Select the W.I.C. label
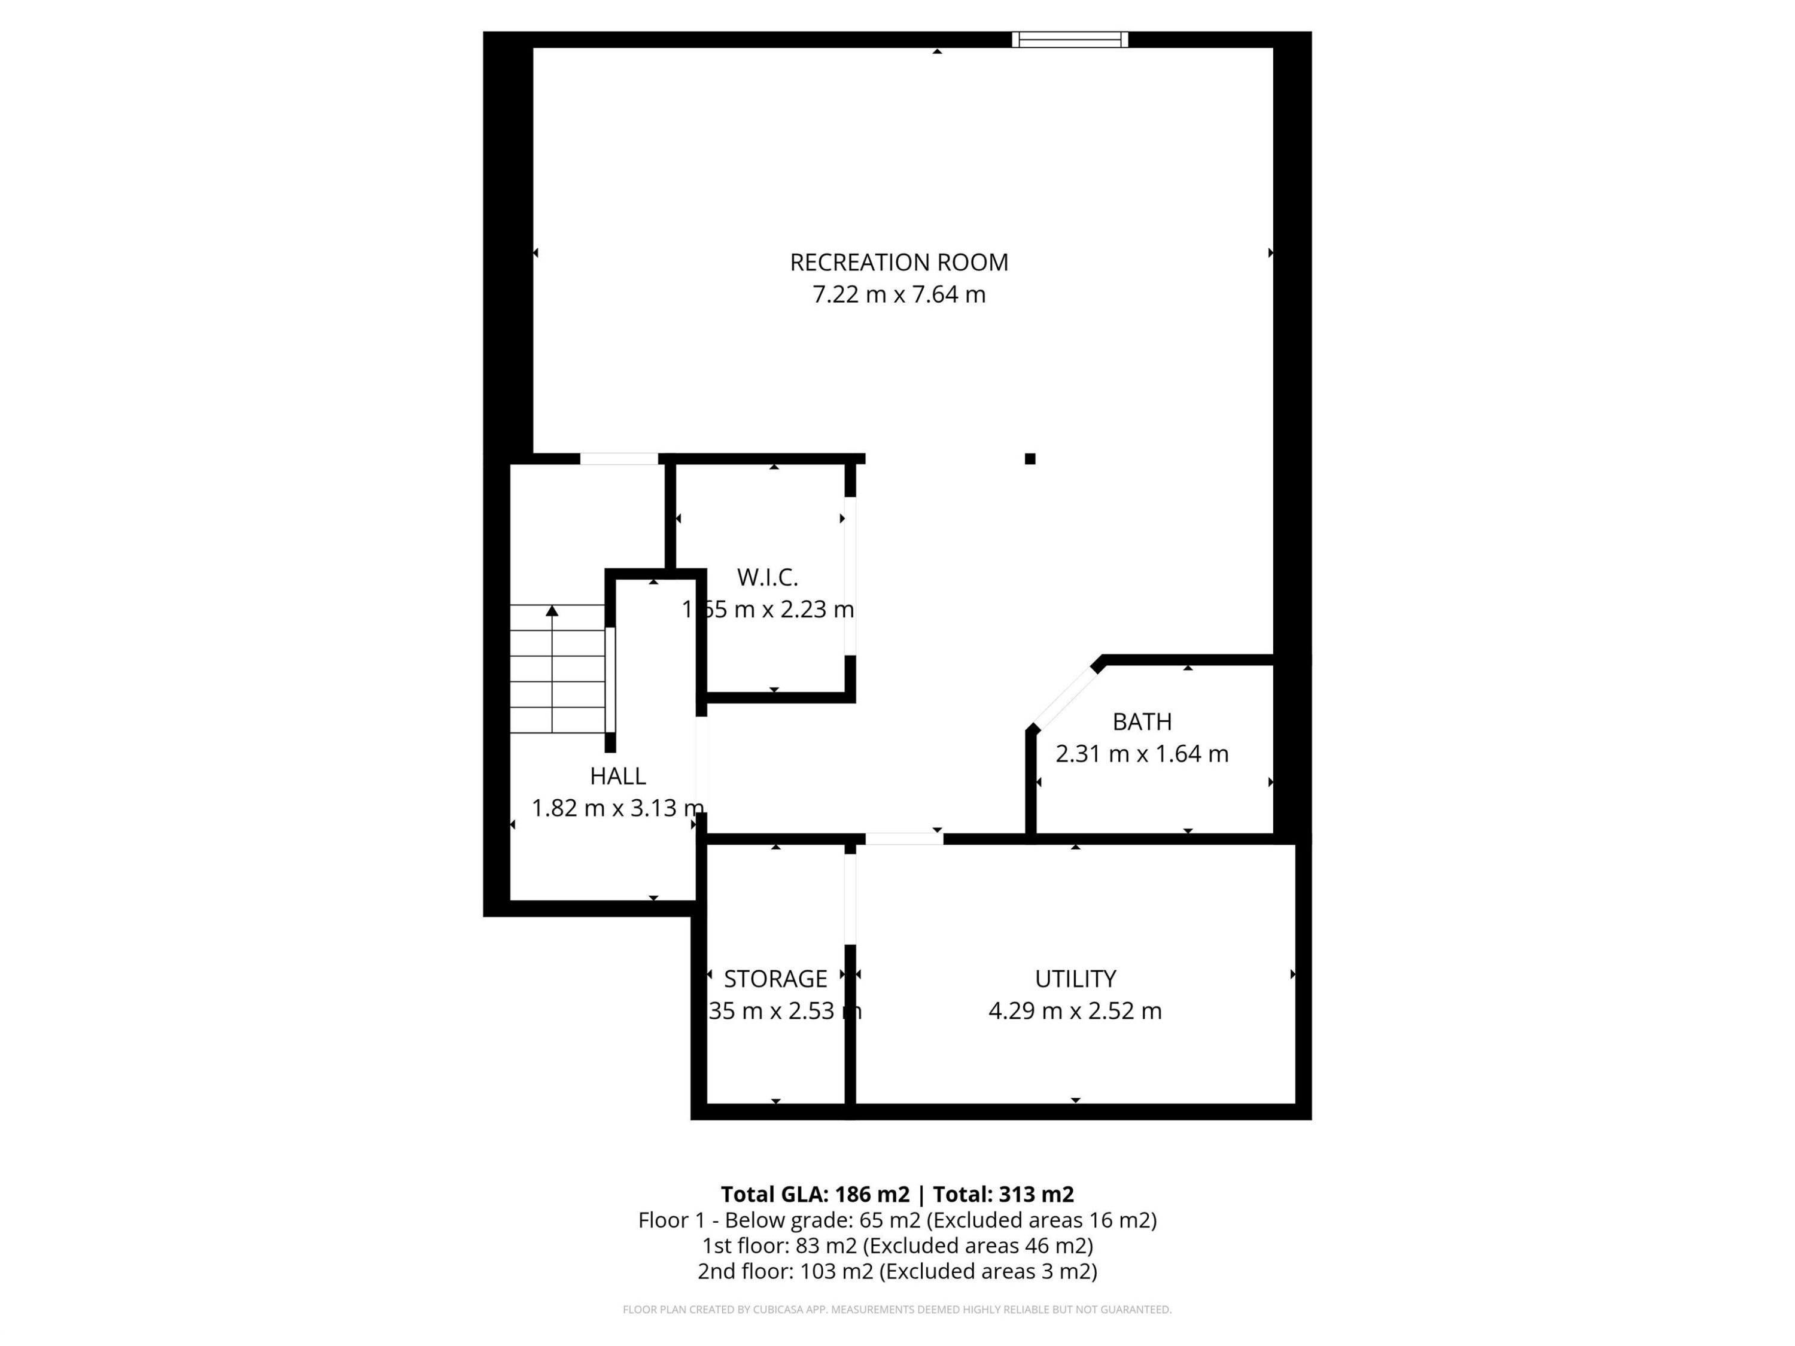[x=767, y=578]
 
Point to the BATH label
[x=1141, y=722]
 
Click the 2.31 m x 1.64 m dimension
[x=1141, y=754]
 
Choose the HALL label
[x=617, y=776]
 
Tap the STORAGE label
[x=775, y=979]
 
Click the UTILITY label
[x=1075, y=979]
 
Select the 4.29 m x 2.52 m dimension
[x=1075, y=1012]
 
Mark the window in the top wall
[x=1070, y=39]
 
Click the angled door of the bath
[x=1063, y=696]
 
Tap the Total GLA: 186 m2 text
[x=815, y=1194]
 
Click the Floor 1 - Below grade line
[x=897, y=1220]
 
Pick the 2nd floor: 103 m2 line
[x=897, y=1271]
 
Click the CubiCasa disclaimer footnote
[x=897, y=1310]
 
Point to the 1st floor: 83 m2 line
[x=897, y=1245]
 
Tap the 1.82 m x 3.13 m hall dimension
[x=617, y=809]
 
